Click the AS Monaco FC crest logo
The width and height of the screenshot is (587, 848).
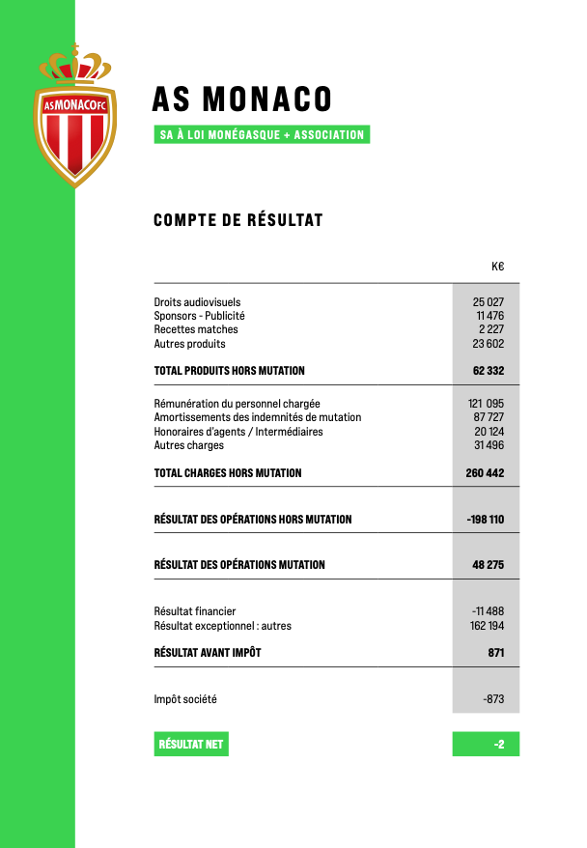(x=74, y=116)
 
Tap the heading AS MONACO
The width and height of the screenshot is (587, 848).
(x=241, y=99)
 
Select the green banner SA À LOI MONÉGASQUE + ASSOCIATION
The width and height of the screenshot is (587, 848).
(x=262, y=135)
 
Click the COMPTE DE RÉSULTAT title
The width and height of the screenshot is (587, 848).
(x=238, y=220)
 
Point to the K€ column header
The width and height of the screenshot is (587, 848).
(x=497, y=267)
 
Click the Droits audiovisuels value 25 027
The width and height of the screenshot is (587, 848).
(x=489, y=302)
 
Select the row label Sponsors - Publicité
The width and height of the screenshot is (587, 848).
(x=199, y=316)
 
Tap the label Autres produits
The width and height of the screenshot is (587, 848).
(x=189, y=344)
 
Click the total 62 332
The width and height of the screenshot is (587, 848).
(x=489, y=371)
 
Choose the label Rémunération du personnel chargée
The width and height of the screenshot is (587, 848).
(x=237, y=404)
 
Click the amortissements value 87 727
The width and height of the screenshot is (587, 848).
(x=489, y=417)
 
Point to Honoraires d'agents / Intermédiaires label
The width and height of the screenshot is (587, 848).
(x=238, y=432)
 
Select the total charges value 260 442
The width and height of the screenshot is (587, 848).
(x=485, y=473)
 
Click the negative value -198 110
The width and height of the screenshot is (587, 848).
(x=485, y=520)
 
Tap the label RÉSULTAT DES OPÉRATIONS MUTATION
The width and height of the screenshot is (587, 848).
(x=239, y=565)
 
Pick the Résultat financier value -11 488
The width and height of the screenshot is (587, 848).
(x=488, y=611)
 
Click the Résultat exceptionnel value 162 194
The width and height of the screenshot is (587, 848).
(x=485, y=626)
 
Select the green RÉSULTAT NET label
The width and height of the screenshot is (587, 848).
(x=191, y=745)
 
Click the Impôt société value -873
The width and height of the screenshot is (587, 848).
(x=492, y=699)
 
